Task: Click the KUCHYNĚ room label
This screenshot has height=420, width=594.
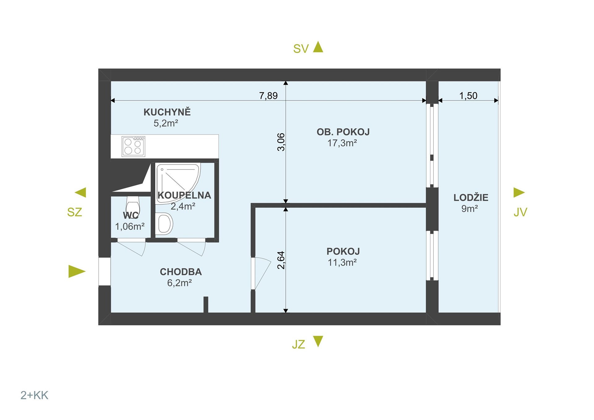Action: click(167, 112)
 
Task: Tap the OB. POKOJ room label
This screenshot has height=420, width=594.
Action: click(343, 132)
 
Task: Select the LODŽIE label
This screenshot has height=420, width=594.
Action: click(471, 198)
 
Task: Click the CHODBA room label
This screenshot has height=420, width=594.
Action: click(181, 272)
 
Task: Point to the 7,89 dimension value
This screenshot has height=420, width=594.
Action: click(268, 96)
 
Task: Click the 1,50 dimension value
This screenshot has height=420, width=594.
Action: click(468, 96)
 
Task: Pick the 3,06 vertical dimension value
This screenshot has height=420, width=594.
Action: click(281, 142)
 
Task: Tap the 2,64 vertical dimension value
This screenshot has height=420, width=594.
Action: click(281, 260)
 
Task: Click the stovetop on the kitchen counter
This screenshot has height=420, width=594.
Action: click(133, 146)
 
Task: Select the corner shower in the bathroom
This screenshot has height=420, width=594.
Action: click(177, 183)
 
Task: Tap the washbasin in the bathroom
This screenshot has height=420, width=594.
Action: click(164, 223)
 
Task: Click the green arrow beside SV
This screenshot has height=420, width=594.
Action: click(318, 47)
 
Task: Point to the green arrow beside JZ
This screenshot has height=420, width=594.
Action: click(318, 341)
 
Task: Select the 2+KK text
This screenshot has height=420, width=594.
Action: click(34, 395)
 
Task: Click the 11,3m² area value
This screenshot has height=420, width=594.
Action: click(342, 262)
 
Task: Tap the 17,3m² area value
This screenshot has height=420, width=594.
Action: click(342, 143)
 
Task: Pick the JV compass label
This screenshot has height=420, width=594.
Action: click(520, 212)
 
